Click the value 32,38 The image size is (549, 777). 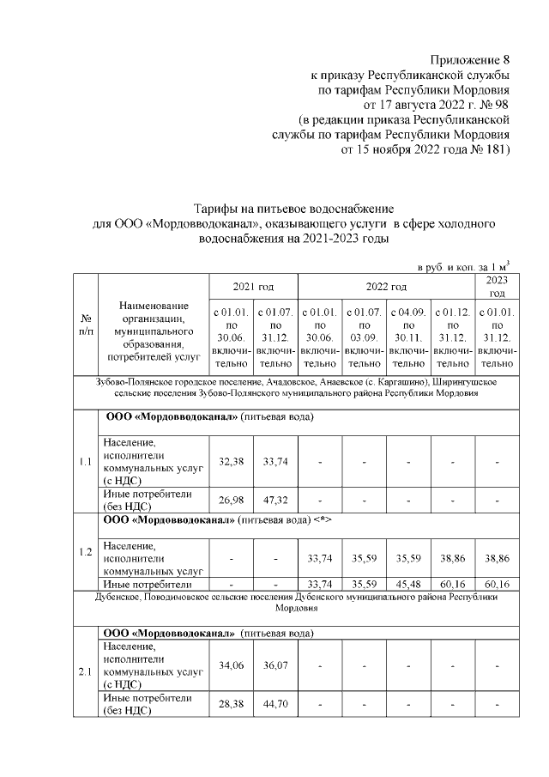point(232,462)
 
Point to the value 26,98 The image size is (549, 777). point(232,499)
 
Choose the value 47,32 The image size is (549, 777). point(276,499)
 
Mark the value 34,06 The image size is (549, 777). point(232,665)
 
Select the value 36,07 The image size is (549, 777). point(276,665)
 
